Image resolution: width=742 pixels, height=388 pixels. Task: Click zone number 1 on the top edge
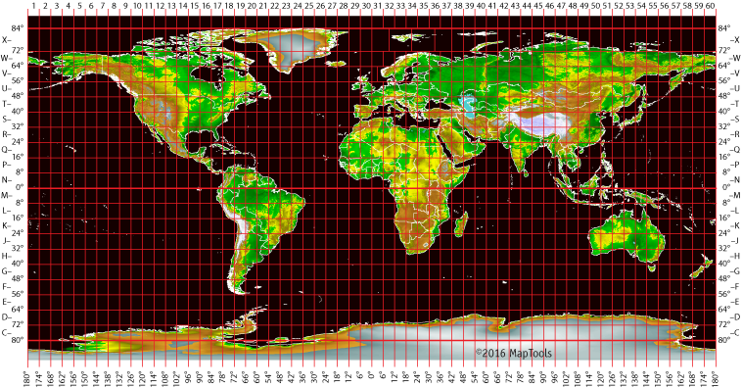pos(33,6)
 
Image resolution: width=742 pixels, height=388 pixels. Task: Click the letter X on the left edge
pos(6,39)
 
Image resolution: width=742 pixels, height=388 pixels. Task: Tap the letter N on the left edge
pos(6,180)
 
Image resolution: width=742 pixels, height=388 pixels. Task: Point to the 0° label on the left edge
pos(16,187)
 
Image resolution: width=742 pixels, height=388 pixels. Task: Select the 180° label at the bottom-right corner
pos(715,377)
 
